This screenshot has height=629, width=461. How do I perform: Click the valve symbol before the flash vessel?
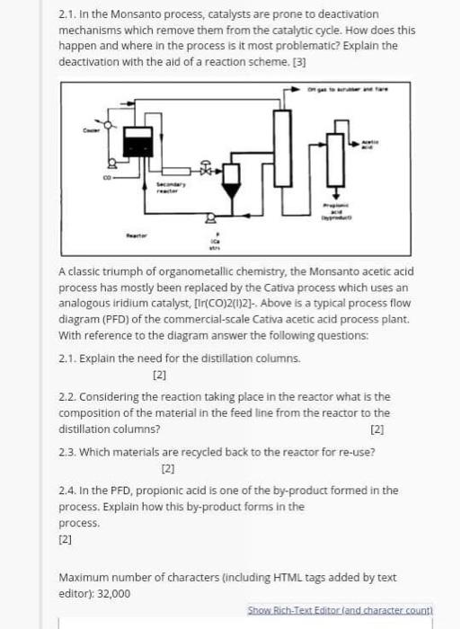207,168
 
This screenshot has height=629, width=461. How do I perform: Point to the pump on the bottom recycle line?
211,217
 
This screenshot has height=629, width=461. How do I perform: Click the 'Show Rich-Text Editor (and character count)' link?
341,609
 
